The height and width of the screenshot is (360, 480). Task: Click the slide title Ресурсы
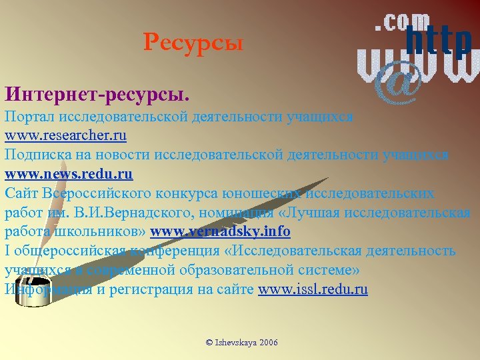click(x=193, y=44)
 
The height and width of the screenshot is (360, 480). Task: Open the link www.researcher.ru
click(x=65, y=135)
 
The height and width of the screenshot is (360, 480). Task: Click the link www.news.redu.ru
click(x=69, y=174)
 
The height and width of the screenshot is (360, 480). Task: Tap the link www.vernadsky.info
click(x=221, y=232)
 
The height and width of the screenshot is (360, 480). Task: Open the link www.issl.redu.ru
click(x=313, y=289)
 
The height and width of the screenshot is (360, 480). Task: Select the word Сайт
click(x=21, y=193)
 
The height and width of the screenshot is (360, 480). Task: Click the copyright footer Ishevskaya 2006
click(x=242, y=342)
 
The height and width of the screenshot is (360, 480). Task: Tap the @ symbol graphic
click(x=398, y=83)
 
